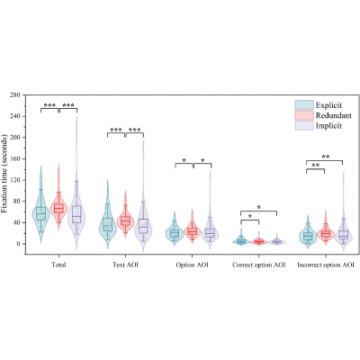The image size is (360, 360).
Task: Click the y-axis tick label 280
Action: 14,95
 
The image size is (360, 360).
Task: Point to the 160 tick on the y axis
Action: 14,158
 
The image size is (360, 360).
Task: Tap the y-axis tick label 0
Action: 18,244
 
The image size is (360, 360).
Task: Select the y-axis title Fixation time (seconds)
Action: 4,176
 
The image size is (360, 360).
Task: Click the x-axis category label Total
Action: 58,265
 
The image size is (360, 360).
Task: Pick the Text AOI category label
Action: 126,265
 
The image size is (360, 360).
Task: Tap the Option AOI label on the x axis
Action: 192,265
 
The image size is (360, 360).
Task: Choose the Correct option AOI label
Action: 259,265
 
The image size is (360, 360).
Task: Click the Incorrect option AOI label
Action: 326,265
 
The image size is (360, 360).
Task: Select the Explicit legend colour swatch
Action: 304,105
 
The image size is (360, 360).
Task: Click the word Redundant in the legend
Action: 334,115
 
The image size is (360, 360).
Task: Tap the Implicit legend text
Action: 328,125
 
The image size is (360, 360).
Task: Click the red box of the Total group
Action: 58,208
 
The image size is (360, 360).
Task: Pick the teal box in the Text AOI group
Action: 107,224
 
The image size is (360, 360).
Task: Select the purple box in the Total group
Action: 77,214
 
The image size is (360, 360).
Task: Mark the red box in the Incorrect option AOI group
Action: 326,233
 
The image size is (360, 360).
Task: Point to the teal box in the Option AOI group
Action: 175,233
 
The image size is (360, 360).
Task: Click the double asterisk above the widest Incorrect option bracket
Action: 326,157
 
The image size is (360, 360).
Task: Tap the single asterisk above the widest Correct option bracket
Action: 259,207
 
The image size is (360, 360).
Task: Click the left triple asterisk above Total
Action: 49,105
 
